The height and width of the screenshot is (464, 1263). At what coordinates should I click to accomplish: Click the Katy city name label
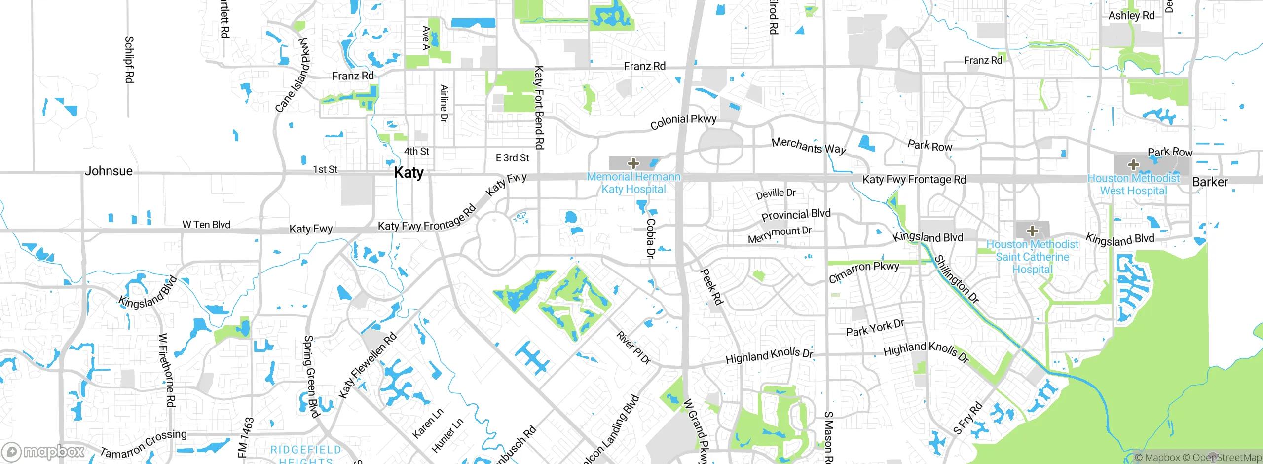[409, 173]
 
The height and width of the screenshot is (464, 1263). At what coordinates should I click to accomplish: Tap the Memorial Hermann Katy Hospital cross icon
[633, 163]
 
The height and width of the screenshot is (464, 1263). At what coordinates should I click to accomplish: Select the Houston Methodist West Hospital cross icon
[1134, 164]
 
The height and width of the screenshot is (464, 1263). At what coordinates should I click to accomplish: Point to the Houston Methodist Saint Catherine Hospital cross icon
[1032, 231]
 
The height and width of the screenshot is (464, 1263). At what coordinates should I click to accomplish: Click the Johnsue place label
[109, 171]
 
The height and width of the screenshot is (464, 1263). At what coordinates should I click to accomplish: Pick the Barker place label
[1210, 182]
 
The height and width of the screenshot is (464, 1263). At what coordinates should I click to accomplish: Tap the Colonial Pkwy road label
[683, 121]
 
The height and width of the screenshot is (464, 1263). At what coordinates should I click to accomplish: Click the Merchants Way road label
[809, 146]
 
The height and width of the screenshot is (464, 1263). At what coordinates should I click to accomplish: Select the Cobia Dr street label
[650, 238]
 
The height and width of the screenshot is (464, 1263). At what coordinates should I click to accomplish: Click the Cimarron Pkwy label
[863, 272]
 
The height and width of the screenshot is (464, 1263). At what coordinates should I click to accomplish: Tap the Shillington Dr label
[956, 279]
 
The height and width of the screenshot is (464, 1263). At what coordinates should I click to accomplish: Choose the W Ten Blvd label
[206, 225]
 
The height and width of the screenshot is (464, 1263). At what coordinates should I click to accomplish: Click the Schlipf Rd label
[129, 59]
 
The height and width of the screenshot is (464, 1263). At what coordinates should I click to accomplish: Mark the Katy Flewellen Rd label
[368, 365]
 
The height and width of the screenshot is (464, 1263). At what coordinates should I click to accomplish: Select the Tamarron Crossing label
[144, 443]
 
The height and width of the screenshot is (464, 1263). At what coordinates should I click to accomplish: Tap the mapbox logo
[43, 451]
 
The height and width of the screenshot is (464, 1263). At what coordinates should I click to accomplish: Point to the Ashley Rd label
[1131, 15]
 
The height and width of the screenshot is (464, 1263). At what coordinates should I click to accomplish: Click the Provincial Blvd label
[796, 215]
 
